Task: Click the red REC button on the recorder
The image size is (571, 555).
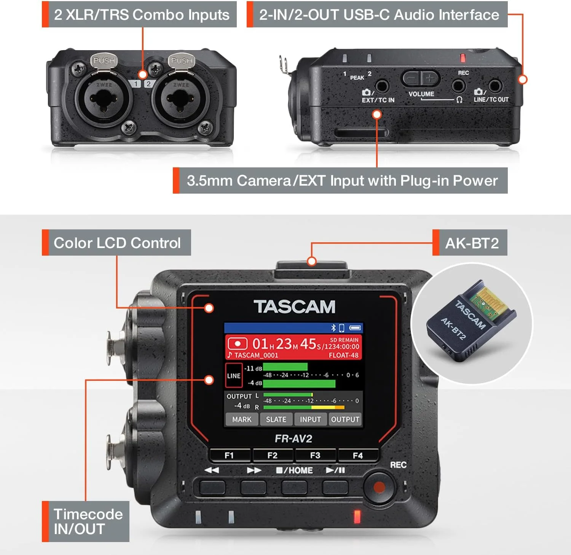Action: (x=379, y=487)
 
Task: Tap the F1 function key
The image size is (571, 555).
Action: (x=229, y=455)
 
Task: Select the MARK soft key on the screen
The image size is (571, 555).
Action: (x=242, y=419)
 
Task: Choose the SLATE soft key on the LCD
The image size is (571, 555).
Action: (x=276, y=419)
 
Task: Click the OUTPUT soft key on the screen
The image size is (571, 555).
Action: (x=345, y=419)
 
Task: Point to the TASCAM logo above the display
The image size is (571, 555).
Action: (x=294, y=307)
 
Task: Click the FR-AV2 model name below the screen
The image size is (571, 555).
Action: (x=293, y=439)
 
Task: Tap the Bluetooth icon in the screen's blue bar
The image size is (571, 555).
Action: (x=333, y=328)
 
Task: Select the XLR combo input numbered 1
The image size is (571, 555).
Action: (x=104, y=99)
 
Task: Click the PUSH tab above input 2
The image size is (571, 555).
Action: (x=182, y=61)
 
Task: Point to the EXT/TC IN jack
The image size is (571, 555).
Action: (x=382, y=86)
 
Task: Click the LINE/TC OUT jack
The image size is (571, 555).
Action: (x=494, y=86)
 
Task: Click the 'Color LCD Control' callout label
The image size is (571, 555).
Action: (x=117, y=243)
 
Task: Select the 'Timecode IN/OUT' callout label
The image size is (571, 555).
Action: (x=88, y=522)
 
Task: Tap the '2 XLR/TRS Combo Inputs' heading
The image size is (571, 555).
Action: (x=141, y=14)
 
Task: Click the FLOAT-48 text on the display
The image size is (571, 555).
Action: (x=343, y=355)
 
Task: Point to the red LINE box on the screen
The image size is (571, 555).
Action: (x=234, y=375)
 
